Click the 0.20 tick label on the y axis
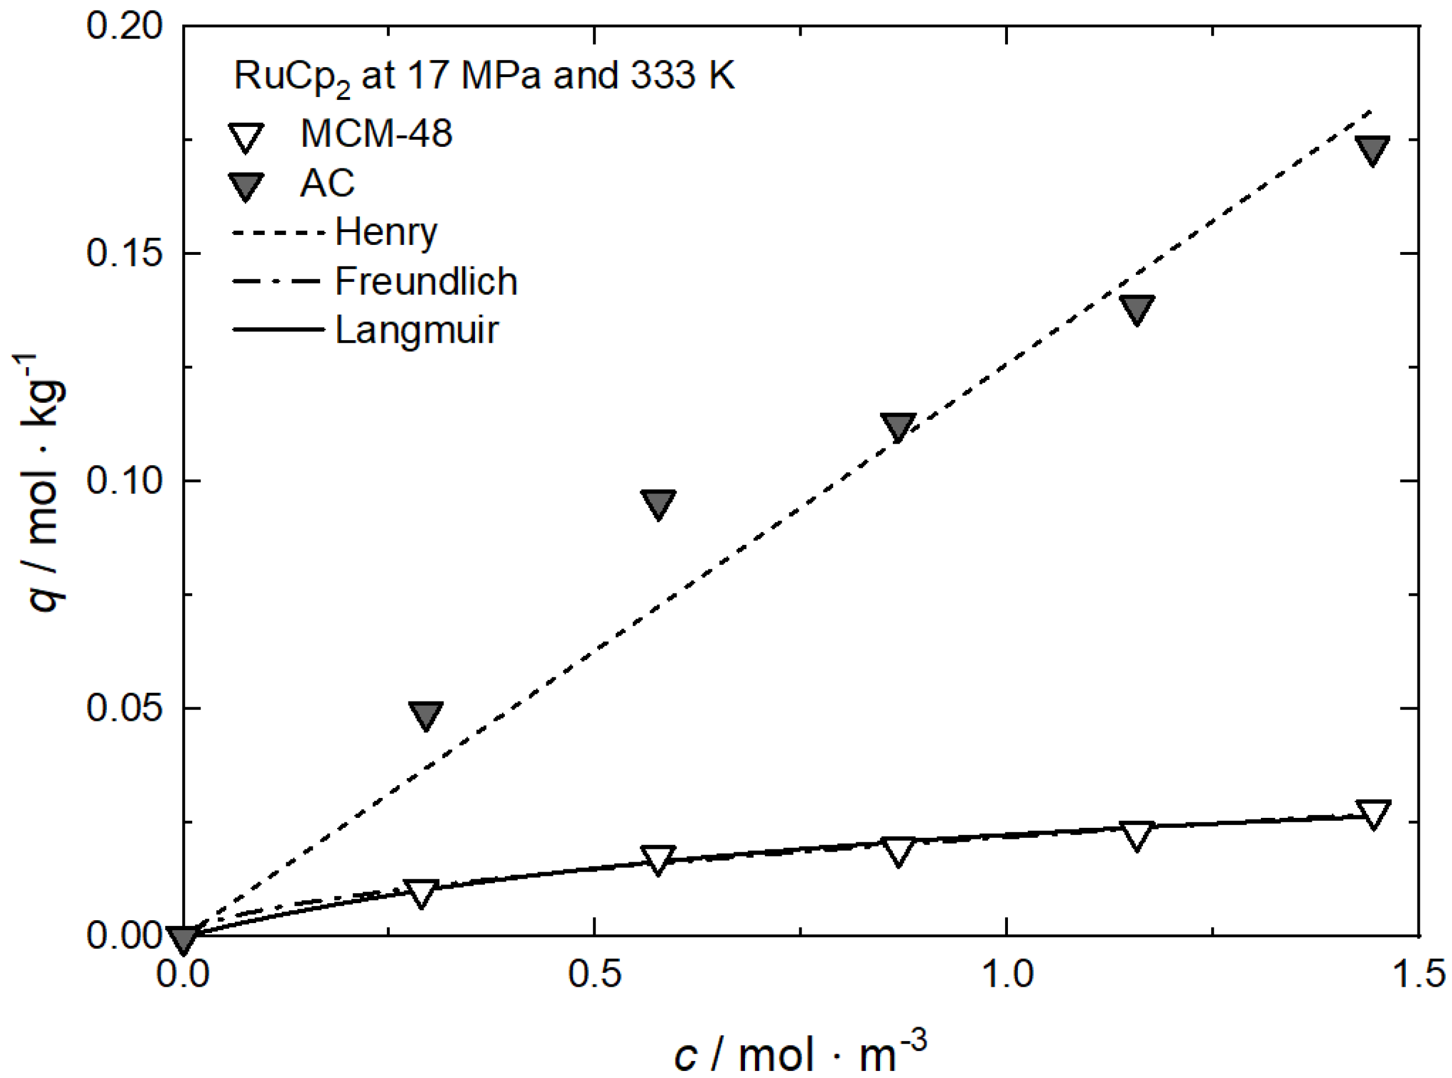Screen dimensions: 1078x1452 [124, 27]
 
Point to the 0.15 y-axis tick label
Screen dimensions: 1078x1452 [124, 253]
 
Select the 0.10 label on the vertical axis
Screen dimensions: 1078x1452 [124, 481]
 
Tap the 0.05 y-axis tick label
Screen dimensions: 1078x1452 [124, 708]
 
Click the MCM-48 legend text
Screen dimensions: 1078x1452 [376, 134]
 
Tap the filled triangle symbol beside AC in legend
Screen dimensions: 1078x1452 [245, 186]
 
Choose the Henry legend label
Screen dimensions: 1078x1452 [386, 232]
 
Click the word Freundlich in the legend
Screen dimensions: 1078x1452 [426, 281]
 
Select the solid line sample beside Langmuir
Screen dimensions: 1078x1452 [278, 330]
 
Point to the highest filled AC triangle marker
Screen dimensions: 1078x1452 [1373, 150]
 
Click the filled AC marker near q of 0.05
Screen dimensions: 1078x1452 [425, 714]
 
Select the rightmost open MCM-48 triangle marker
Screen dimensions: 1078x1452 [1373, 813]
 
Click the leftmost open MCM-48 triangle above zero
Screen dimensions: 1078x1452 [421, 893]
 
